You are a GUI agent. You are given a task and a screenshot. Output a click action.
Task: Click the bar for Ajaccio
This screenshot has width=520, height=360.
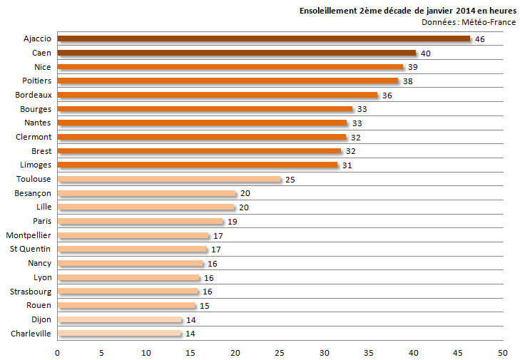(x=264, y=38)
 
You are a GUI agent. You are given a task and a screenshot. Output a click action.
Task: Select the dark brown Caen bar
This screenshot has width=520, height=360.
(x=236, y=53)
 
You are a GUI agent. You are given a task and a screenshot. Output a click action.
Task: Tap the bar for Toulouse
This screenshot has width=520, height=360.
(x=169, y=179)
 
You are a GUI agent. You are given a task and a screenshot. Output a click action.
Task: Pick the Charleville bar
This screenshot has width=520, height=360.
(x=120, y=334)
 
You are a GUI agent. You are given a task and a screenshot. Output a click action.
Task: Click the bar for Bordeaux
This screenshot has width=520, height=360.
(x=218, y=95)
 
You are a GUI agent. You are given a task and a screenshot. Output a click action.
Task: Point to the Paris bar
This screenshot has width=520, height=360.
(x=141, y=221)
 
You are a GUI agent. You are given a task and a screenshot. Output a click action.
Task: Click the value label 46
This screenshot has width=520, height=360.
(x=480, y=39)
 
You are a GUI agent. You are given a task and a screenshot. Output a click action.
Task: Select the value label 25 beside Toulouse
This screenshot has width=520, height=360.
(x=290, y=180)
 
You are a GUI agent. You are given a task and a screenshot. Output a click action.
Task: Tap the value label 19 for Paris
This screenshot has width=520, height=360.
(x=232, y=222)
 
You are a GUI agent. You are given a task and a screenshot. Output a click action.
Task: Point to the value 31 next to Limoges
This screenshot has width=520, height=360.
(x=347, y=165)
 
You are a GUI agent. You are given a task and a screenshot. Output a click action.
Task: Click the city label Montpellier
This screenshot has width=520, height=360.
(x=29, y=235)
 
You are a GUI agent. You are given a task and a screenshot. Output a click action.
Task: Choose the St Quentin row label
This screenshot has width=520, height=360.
(x=30, y=249)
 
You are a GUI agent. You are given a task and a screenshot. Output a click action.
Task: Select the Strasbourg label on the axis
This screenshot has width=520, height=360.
(x=31, y=292)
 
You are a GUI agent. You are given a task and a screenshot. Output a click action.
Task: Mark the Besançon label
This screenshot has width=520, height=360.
(x=33, y=193)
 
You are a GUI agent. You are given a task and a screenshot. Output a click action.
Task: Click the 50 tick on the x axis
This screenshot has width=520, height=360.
(x=503, y=353)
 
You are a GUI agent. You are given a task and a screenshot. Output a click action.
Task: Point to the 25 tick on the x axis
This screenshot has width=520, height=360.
(x=280, y=353)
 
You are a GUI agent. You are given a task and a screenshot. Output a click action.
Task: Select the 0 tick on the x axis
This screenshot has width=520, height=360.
(x=57, y=353)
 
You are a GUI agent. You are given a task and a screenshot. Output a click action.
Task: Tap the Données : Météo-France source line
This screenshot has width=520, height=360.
(x=469, y=22)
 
